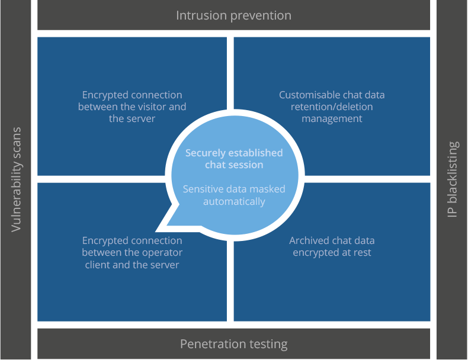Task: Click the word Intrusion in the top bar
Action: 202,15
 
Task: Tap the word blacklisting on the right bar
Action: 453,172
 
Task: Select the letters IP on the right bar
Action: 453,211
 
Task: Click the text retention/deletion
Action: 332,107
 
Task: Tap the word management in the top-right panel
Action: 332,119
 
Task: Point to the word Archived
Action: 309,240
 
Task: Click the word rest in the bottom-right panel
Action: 363,253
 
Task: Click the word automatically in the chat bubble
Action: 235,202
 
